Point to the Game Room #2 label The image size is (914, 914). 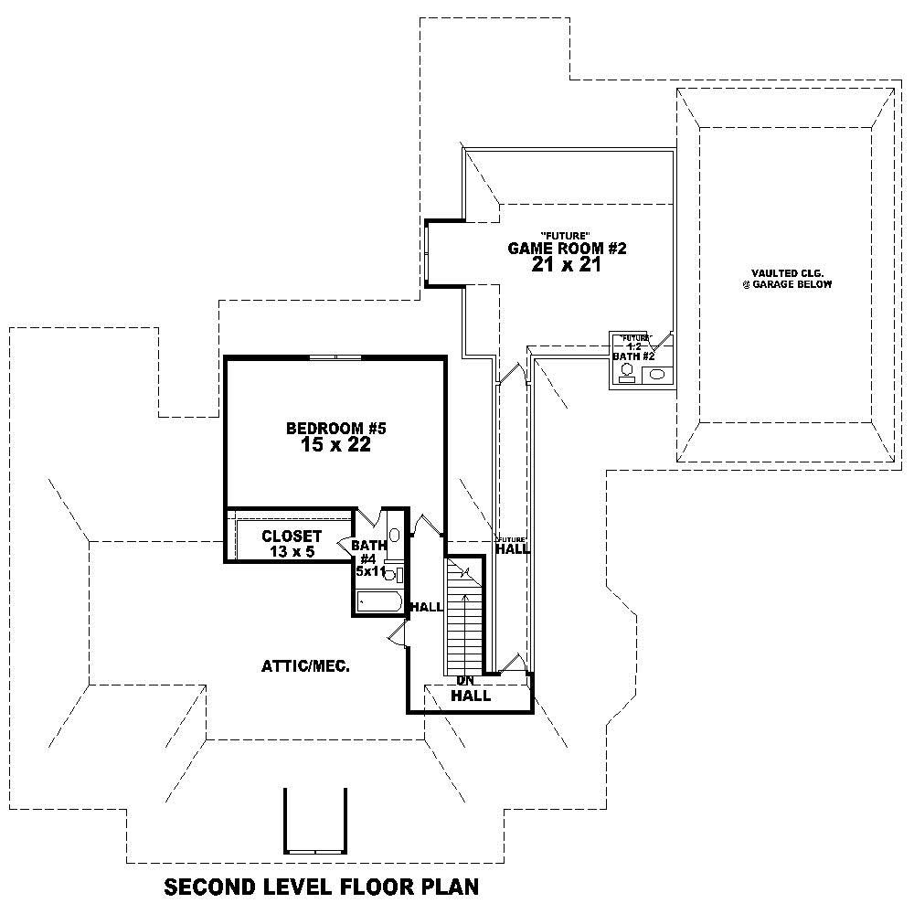[x=568, y=248]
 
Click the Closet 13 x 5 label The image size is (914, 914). [x=291, y=544]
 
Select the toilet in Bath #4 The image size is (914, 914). [x=389, y=575]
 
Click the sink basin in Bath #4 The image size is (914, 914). [x=394, y=535]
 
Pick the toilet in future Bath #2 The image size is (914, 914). [x=627, y=371]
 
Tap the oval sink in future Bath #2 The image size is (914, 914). [x=656, y=373]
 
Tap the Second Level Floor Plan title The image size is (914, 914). [x=321, y=886]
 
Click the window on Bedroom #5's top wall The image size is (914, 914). [x=335, y=357]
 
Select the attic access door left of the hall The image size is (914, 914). [x=397, y=634]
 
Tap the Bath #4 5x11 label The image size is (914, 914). [x=369, y=558]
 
